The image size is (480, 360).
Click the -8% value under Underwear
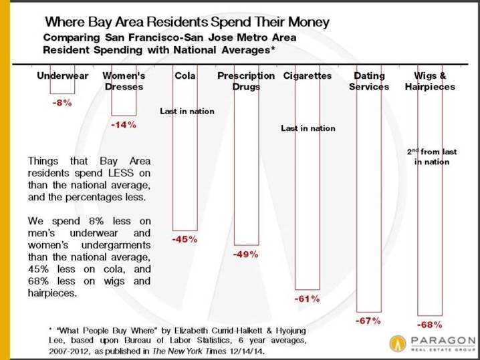coord(62,103)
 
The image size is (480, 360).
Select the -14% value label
coord(124,125)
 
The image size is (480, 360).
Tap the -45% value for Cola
coord(185,239)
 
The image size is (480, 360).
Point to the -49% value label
coord(246,254)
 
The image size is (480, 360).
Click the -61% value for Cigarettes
coord(307,299)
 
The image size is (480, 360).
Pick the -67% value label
coord(368,321)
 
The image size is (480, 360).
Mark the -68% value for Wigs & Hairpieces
coord(429,325)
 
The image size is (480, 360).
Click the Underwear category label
coord(62,76)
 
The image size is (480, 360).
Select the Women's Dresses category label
coord(124,81)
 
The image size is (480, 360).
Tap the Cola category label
coord(185,75)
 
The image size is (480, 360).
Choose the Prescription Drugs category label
coord(246,81)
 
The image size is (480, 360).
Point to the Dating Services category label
coord(369,81)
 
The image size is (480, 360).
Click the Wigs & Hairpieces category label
coord(430,81)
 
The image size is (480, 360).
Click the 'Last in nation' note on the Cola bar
coord(187,111)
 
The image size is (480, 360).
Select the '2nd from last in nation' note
coord(432,156)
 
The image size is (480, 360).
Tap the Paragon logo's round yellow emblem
coord(398,343)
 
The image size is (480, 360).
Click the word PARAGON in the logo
coord(443,340)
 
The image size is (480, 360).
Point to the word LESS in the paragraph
coord(121,173)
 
